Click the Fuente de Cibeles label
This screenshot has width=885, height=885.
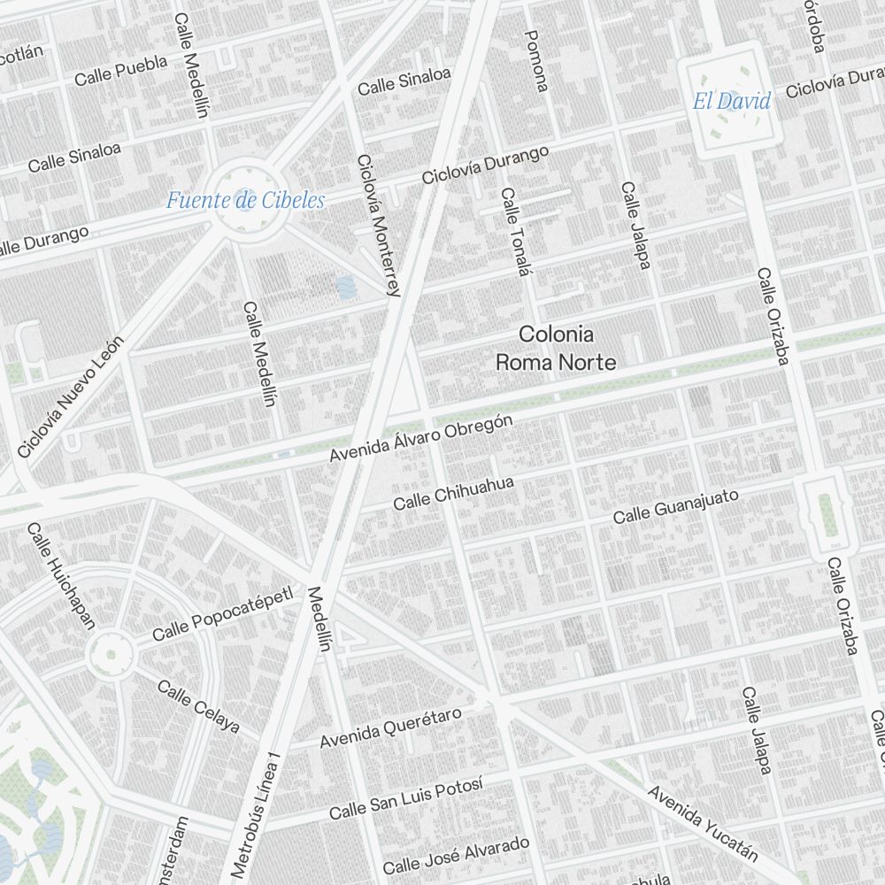[x=245, y=200]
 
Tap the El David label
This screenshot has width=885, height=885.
[x=731, y=101]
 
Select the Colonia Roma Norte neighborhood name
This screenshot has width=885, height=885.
[x=556, y=348]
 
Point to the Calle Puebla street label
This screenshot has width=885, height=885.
[x=120, y=71]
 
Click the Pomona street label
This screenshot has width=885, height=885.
[x=536, y=60]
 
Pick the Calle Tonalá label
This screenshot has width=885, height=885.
[x=514, y=233]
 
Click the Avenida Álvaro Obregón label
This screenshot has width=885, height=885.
[x=420, y=438]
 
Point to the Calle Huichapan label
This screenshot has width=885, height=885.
[x=60, y=575]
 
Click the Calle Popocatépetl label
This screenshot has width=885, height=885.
[x=222, y=614]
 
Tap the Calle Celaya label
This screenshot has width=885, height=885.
[x=198, y=706]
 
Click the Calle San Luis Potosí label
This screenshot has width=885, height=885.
[x=406, y=798]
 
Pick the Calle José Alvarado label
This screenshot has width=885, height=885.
[x=456, y=854]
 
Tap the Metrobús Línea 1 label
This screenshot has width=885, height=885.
[x=256, y=814]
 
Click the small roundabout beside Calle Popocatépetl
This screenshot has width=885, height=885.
[x=111, y=655]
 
